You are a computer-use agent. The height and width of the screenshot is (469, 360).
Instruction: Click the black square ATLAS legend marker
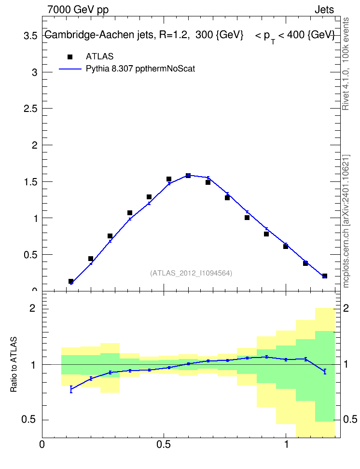click(70, 57)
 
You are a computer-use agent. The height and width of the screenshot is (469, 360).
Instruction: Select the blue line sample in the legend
click(70, 69)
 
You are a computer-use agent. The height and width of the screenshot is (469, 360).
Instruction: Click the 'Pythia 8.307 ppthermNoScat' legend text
click(140, 69)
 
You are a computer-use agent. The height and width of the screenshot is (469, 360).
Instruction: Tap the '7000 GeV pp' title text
click(78, 10)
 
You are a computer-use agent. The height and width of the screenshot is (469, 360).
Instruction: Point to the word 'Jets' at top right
click(324, 10)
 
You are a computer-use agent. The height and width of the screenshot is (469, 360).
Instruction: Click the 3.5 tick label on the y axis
click(30, 36)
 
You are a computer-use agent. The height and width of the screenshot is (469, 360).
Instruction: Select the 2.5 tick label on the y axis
click(30, 109)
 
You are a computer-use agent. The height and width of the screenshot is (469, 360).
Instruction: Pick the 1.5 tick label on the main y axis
click(30, 182)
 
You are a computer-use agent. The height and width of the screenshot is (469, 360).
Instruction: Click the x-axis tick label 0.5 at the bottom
click(164, 444)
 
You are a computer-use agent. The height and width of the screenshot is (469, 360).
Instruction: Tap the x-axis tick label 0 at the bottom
click(42, 444)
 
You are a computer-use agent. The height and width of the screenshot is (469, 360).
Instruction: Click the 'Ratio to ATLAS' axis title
click(14, 364)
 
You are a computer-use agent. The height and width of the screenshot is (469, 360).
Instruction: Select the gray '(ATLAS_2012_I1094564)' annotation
click(191, 273)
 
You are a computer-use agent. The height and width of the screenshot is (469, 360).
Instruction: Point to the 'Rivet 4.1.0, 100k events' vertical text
click(346, 64)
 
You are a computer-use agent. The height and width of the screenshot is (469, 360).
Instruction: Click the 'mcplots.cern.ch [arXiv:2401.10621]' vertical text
click(346, 221)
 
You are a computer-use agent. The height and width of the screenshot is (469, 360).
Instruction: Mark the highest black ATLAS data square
click(188, 176)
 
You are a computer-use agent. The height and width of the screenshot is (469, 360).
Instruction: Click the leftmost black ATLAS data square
click(71, 281)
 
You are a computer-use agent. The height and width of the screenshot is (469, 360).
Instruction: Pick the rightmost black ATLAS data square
click(325, 276)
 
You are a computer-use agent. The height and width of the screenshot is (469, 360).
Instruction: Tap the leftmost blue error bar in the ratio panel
click(71, 389)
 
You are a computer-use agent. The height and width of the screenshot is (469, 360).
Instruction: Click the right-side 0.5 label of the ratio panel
click(350, 419)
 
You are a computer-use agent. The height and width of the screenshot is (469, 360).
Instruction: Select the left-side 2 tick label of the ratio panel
click(32, 308)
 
